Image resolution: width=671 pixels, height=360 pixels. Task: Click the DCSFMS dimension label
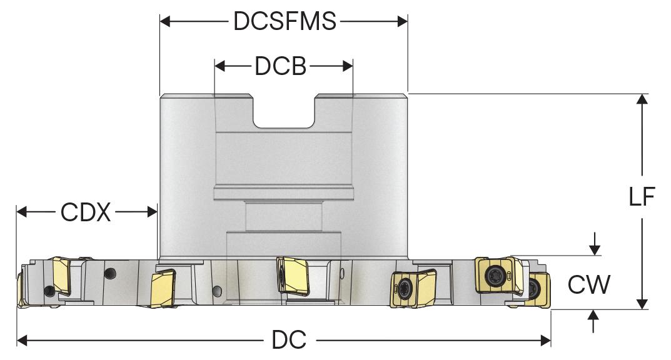(x=285, y=22)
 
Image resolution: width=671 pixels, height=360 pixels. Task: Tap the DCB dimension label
(x=280, y=66)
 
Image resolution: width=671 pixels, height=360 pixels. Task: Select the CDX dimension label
(x=86, y=212)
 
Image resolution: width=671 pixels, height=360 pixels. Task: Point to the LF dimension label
(x=641, y=197)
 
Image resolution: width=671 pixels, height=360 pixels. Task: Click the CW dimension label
(x=588, y=285)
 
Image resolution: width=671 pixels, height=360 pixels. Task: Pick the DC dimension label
(x=289, y=341)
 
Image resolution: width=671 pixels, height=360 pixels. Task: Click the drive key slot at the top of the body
(x=285, y=111)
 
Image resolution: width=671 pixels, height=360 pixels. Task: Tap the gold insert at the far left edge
(x=21, y=289)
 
